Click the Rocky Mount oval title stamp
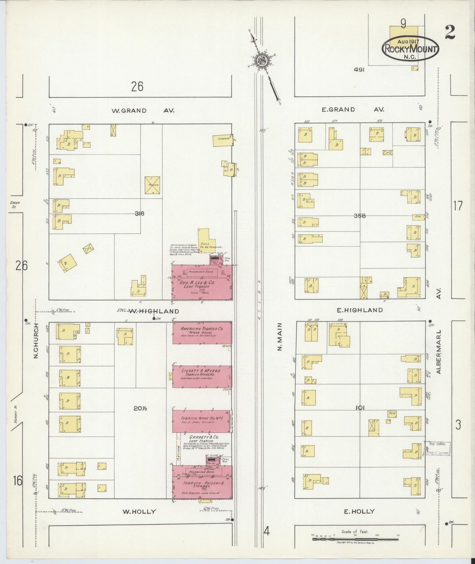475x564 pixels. [411, 48]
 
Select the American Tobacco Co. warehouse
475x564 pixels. [202, 333]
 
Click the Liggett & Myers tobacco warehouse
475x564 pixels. [202, 376]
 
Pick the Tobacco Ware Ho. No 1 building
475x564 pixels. [201, 421]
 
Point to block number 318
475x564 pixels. [139, 214]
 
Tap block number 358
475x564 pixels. [359, 216]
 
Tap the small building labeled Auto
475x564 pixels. [392, 414]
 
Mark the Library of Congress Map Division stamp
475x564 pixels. [437, 448]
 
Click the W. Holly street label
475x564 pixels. [139, 512]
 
